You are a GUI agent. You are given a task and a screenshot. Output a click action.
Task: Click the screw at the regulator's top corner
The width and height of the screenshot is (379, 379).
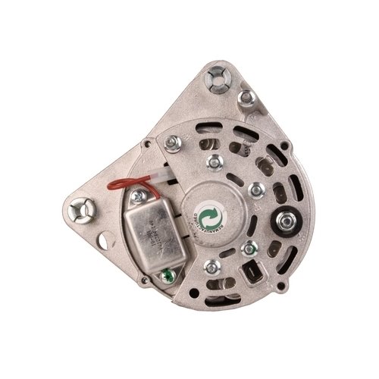[137, 197]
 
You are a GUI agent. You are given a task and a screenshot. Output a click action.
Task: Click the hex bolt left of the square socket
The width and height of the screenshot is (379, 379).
[247, 247]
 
